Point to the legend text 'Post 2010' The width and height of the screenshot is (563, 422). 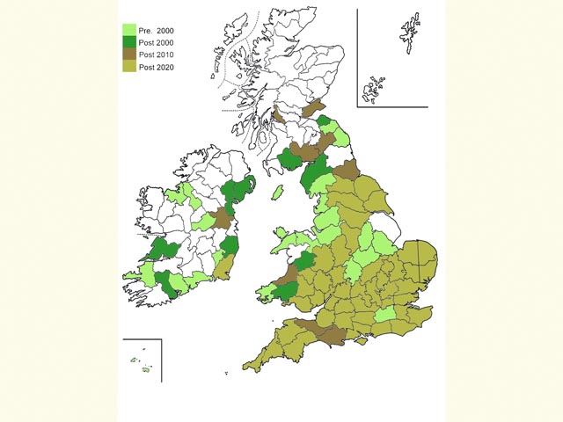pos(157,55)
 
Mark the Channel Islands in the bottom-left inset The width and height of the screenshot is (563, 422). pos(142,364)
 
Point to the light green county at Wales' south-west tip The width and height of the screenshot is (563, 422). pos(266,291)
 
